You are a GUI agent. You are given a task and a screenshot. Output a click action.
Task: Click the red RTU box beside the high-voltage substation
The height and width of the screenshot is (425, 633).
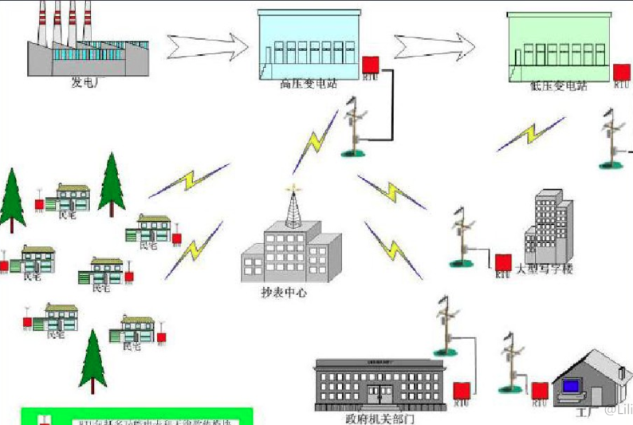click(371, 64)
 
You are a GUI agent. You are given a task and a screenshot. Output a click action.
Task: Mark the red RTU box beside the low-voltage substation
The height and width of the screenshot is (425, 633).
click(621, 72)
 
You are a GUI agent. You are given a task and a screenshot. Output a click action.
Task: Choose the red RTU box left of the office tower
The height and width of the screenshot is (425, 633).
click(502, 262)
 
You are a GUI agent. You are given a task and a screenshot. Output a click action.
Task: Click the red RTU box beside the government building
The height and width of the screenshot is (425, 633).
click(460, 392)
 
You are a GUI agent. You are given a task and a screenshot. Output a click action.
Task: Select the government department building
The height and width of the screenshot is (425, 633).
click(379, 383)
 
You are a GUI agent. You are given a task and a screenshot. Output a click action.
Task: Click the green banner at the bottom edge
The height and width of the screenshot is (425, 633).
click(136, 417)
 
